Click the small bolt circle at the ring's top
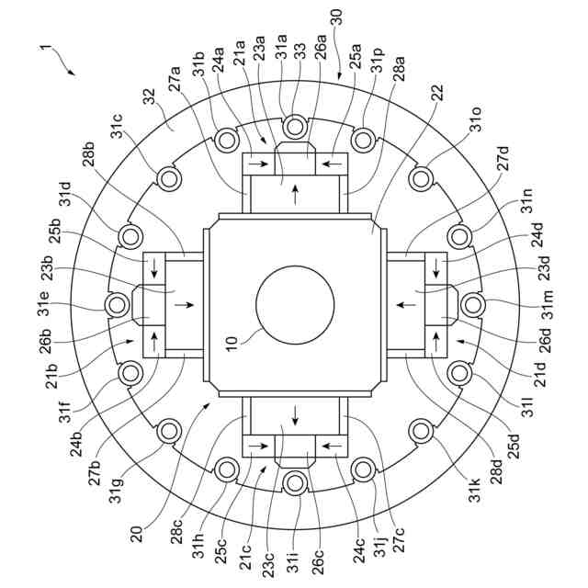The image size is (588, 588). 295,126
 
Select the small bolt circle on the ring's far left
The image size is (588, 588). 117,304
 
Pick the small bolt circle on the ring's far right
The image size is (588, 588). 472,304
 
